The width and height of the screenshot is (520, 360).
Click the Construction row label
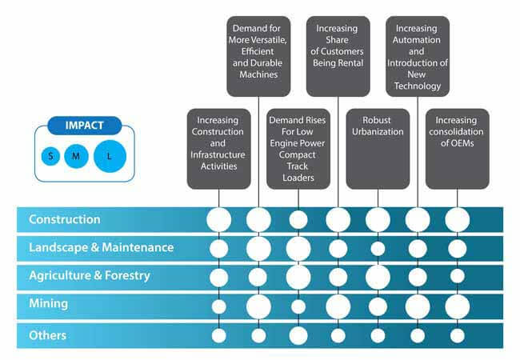(65, 219)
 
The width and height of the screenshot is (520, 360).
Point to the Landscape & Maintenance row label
(101, 247)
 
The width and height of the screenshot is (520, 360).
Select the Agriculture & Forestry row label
(90, 276)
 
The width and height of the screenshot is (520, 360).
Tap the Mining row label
(49, 305)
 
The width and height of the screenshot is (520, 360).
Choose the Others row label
(47, 335)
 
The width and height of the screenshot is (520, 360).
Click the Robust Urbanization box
(378, 149)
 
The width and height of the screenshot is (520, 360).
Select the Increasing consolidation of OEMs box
(457, 149)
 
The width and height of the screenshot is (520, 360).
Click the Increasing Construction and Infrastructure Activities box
(218, 149)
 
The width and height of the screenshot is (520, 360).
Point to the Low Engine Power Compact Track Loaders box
(298, 149)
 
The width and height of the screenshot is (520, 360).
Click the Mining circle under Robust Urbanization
(378, 306)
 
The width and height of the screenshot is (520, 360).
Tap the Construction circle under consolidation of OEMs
(457, 219)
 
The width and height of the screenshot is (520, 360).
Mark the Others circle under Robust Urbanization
(378, 335)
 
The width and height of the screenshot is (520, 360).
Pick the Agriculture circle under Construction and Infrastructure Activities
(218, 277)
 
